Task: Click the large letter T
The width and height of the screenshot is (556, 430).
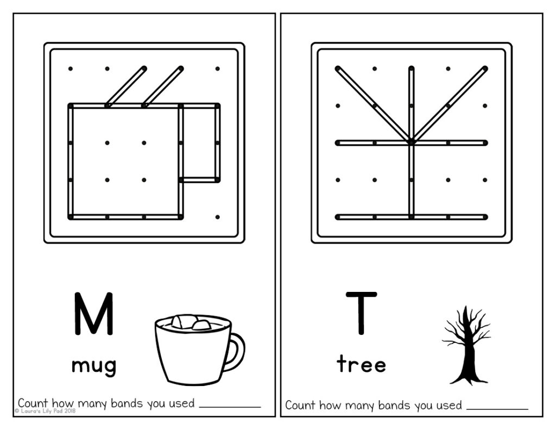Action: [361, 313]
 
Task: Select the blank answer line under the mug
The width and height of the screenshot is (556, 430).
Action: [230, 406]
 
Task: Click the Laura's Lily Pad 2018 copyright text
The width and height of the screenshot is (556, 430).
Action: [46, 412]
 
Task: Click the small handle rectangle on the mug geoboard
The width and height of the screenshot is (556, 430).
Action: [199, 142]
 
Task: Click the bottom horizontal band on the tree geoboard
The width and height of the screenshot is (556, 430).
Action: [411, 217]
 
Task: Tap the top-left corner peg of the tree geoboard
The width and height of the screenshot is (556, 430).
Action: [338, 68]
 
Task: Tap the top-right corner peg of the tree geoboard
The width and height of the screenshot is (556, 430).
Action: [485, 68]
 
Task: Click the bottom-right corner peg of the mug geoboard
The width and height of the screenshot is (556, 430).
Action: [217, 217]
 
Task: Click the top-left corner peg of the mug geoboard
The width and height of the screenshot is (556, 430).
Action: [70, 68]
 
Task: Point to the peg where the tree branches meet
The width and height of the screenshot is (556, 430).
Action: [411, 142]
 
